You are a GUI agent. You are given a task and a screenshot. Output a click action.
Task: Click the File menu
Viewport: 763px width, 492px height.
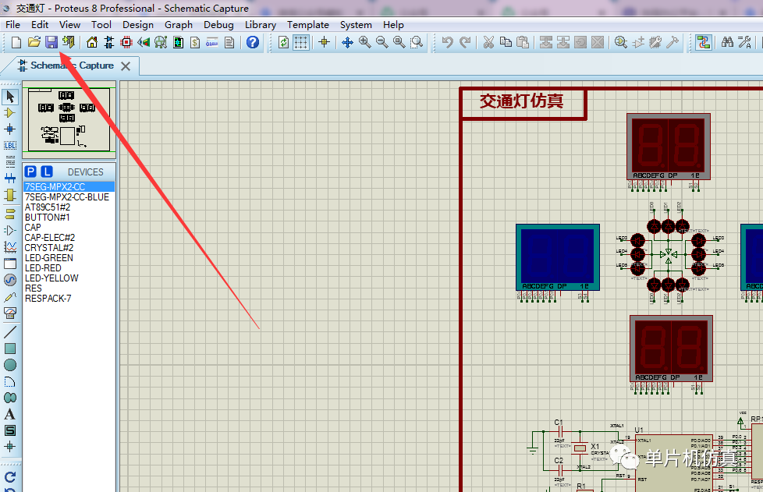point(13,24)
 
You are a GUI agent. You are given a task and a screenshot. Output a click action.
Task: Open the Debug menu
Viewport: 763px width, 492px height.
point(218,24)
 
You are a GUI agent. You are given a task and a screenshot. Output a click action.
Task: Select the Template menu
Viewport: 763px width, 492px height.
point(308,24)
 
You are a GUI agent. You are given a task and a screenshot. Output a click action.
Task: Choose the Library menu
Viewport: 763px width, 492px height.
point(260,24)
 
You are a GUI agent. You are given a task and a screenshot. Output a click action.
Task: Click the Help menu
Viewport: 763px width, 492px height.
point(393,24)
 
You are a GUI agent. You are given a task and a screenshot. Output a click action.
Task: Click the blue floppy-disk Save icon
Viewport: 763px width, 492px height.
point(51,42)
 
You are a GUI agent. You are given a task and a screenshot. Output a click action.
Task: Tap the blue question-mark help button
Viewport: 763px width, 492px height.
point(253,42)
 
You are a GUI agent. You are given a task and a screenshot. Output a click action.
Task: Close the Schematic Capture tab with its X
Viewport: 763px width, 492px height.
point(126,66)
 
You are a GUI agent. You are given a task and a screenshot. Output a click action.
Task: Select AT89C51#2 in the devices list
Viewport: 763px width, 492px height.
point(48,207)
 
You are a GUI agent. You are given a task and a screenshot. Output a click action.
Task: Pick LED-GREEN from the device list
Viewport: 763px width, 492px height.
point(49,258)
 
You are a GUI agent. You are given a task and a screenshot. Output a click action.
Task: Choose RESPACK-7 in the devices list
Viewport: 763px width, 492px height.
point(48,299)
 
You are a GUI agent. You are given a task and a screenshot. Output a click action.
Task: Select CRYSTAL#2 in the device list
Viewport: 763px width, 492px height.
point(49,248)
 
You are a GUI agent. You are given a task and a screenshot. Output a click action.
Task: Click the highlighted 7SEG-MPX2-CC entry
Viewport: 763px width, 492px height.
point(55,187)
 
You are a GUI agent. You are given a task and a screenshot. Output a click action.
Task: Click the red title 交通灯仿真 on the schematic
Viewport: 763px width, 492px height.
point(521,101)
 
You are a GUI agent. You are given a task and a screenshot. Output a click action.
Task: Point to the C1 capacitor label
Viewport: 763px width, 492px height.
point(559,423)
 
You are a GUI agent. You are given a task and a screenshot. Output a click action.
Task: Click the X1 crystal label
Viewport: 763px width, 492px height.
point(595,447)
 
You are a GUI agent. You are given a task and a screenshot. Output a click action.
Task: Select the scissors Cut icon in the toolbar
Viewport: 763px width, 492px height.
point(488,42)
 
